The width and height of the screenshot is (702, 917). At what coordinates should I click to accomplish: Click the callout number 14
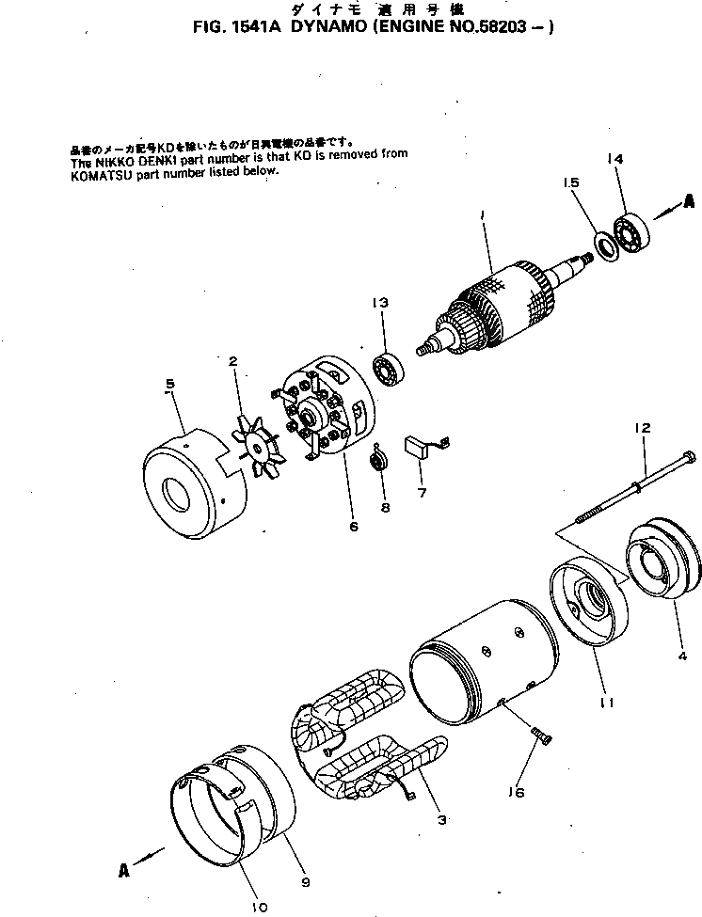click(x=615, y=160)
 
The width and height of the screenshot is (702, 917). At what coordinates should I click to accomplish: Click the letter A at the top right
click(x=689, y=200)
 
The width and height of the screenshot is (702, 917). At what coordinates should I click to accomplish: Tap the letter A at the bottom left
click(x=123, y=871)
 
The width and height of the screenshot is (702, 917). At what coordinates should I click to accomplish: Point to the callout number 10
click(x=259, y=907)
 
